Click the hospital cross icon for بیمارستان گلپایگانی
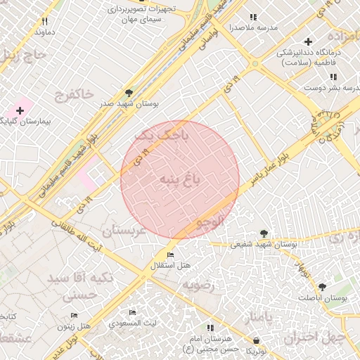(x=20, y=110)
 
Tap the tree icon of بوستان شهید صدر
(x=129, y=92)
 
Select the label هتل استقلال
(x=166, y=266)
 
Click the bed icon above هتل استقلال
(x=170, y=254)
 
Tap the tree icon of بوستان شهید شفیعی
(x=264, y=233)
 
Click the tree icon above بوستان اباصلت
(x=322, y=287)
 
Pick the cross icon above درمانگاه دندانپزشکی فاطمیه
(x=308, y=41)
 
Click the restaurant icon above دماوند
(x=45, y=21)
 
